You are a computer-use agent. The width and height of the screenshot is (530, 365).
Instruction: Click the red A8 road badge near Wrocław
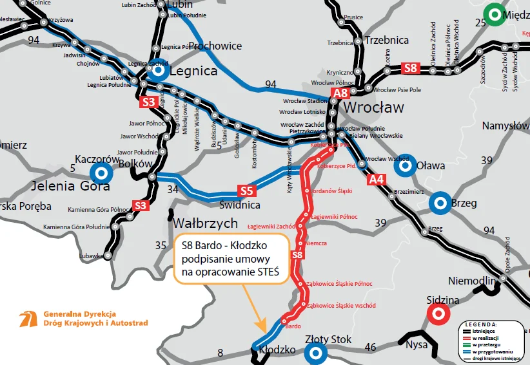coord(340,94)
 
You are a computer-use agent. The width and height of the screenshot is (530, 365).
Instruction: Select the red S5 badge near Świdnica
coord(246,191)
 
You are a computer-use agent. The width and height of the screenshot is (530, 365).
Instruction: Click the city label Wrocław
coord(375,106)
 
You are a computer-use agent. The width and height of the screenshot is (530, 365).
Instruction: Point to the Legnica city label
coord(194,70)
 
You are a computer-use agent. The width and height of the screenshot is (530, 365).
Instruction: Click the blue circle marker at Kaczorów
coord(101,173)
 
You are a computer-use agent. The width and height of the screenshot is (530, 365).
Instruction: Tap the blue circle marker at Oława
coord(405,166)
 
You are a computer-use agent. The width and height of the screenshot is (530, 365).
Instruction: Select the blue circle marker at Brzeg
coord(441,203)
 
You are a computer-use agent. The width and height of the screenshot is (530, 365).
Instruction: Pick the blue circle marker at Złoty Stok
coord(315,353)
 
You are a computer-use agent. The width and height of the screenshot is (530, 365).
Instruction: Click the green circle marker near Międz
coord(495,14)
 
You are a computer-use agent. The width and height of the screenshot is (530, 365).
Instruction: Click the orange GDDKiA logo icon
coord(29,319)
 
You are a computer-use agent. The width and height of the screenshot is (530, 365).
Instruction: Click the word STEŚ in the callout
coord(266,272)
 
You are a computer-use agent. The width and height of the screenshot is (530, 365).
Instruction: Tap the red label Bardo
coord(293,326)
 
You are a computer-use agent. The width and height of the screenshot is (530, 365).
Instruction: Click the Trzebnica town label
coord(386,40)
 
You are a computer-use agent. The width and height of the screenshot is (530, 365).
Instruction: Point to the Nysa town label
coord(417,345)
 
